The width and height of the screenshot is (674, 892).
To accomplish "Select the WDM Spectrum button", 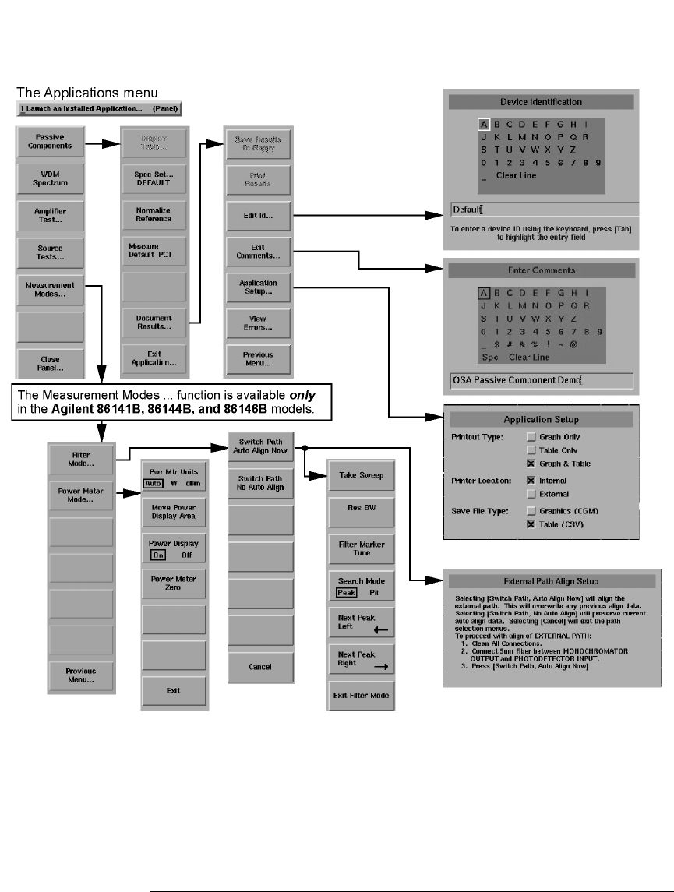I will point(49,178).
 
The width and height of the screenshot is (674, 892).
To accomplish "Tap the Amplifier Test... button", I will point(49,215).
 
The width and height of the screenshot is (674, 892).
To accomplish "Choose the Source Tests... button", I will point(49,252).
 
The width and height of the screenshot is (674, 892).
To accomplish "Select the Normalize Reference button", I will point(154,215).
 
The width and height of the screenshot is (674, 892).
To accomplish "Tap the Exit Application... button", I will point(154,359).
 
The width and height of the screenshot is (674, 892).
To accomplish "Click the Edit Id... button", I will point(257,215).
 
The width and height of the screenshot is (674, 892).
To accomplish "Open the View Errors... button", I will point(257,323).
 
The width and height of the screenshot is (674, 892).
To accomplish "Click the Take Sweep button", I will point(361,475).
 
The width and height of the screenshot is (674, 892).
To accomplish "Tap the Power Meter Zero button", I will point(174,583).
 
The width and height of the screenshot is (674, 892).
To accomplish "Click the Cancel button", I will point(260,667).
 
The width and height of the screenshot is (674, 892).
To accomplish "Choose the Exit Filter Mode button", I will point(361,695).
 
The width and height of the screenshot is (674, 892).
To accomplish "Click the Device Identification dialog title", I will point(541,102).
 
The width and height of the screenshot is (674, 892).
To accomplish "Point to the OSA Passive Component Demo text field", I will point(541,380).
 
